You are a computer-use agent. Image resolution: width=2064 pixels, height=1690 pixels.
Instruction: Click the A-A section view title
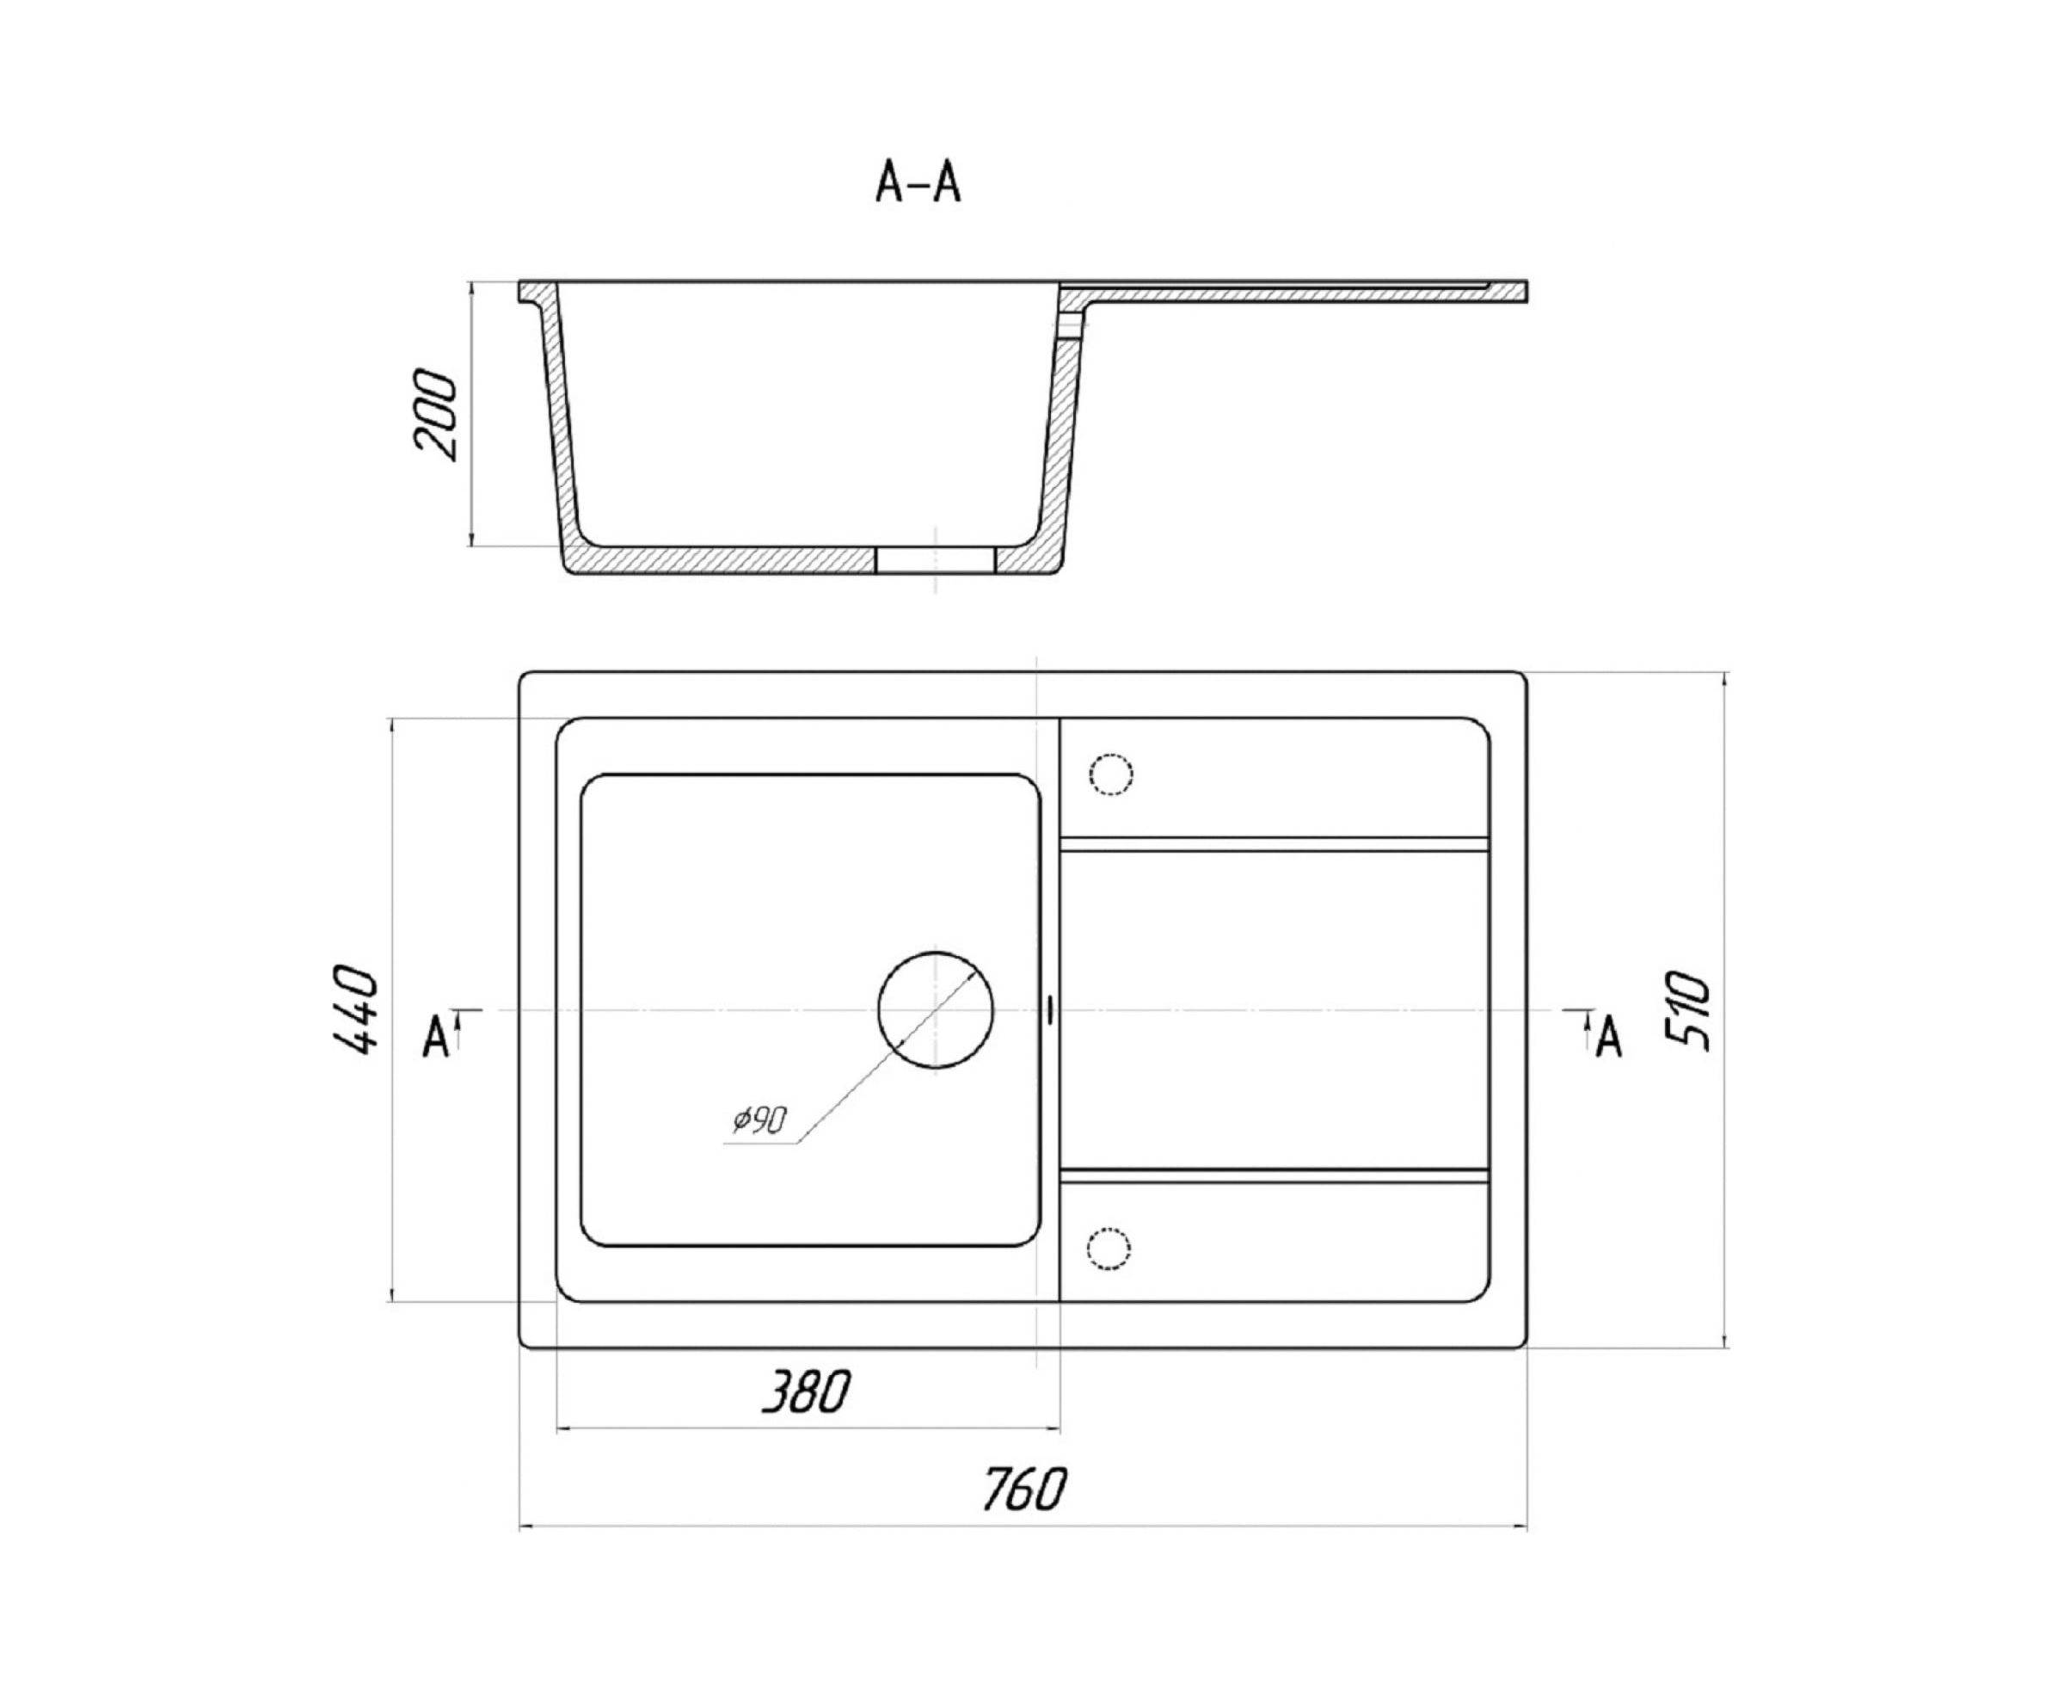(918, 182)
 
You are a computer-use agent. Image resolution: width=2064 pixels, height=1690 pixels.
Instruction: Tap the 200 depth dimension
(435, 414)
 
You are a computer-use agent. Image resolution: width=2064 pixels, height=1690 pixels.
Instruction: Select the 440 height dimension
(354, 1009)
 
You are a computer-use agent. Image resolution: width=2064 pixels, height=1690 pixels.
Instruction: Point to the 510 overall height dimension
(1687, 1009)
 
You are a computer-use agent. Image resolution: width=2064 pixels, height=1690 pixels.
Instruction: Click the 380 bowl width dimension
(805, 1391)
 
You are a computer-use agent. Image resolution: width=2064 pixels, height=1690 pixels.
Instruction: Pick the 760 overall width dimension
(1023, 1489)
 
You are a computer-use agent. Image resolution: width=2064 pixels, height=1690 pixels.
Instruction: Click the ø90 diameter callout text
(759, 1120)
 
